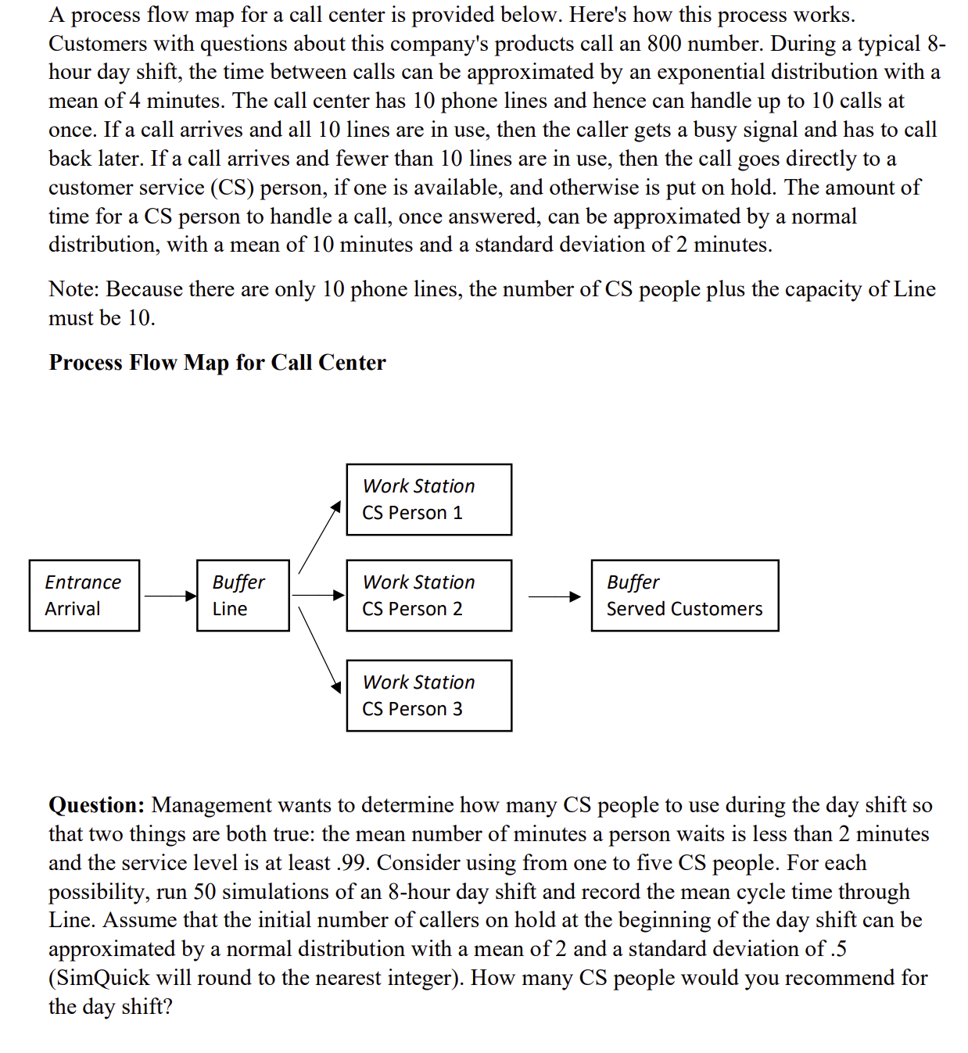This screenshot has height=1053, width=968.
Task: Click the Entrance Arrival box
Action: (x=84, y=596)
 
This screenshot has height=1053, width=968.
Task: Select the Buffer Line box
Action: (x=242, y=596)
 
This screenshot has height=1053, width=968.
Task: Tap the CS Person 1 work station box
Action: (x=428, y=500)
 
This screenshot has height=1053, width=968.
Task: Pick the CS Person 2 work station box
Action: (x=428, y=596)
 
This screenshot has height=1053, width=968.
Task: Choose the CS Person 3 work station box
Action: (x=428, y=696)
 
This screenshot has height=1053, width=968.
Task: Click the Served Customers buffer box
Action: (x=684, y=596)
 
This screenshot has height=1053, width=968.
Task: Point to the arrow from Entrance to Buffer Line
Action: (x=169, y=596)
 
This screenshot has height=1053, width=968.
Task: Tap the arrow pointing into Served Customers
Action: (x=554, y=597)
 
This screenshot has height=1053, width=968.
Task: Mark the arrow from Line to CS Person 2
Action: (x=317, y=596)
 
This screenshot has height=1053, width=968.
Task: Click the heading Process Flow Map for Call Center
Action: (x=217, y=363)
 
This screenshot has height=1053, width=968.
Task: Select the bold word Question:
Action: (x=96, y=805)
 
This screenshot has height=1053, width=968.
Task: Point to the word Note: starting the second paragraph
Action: (x=73, y=289)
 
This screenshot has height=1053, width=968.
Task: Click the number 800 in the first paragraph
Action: (x=664, y=44)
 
